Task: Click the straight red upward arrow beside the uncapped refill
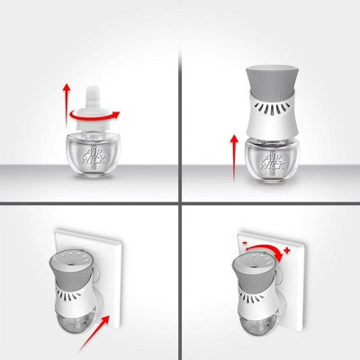point(67,105)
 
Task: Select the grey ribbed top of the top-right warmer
point(271,80)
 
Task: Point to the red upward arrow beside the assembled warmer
point(234,158)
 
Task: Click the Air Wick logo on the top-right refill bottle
point(274,160)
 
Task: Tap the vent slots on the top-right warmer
point(271,108)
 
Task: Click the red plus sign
point(287,250)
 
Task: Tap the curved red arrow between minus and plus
point(265,247)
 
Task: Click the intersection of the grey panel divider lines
point(180,203)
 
